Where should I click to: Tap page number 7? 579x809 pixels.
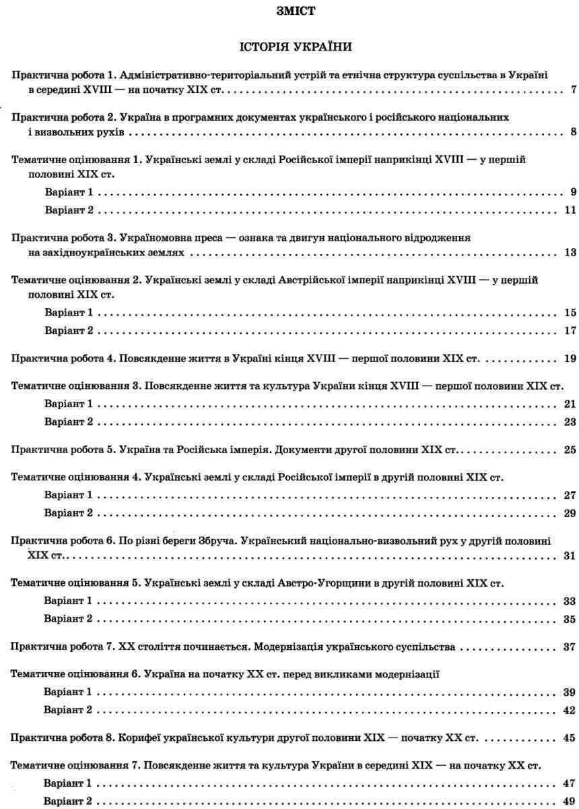tap(572, 90)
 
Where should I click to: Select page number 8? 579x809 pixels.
tap(572, 131)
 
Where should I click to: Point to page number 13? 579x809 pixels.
tap(570, 253)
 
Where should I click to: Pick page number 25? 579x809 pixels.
tap(570, 467)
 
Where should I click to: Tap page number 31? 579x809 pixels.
tap(570, 556)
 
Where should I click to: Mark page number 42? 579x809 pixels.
tap(570, 710)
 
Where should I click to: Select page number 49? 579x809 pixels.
tap(570, 802)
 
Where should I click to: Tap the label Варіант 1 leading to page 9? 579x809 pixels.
tap(67, 192)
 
